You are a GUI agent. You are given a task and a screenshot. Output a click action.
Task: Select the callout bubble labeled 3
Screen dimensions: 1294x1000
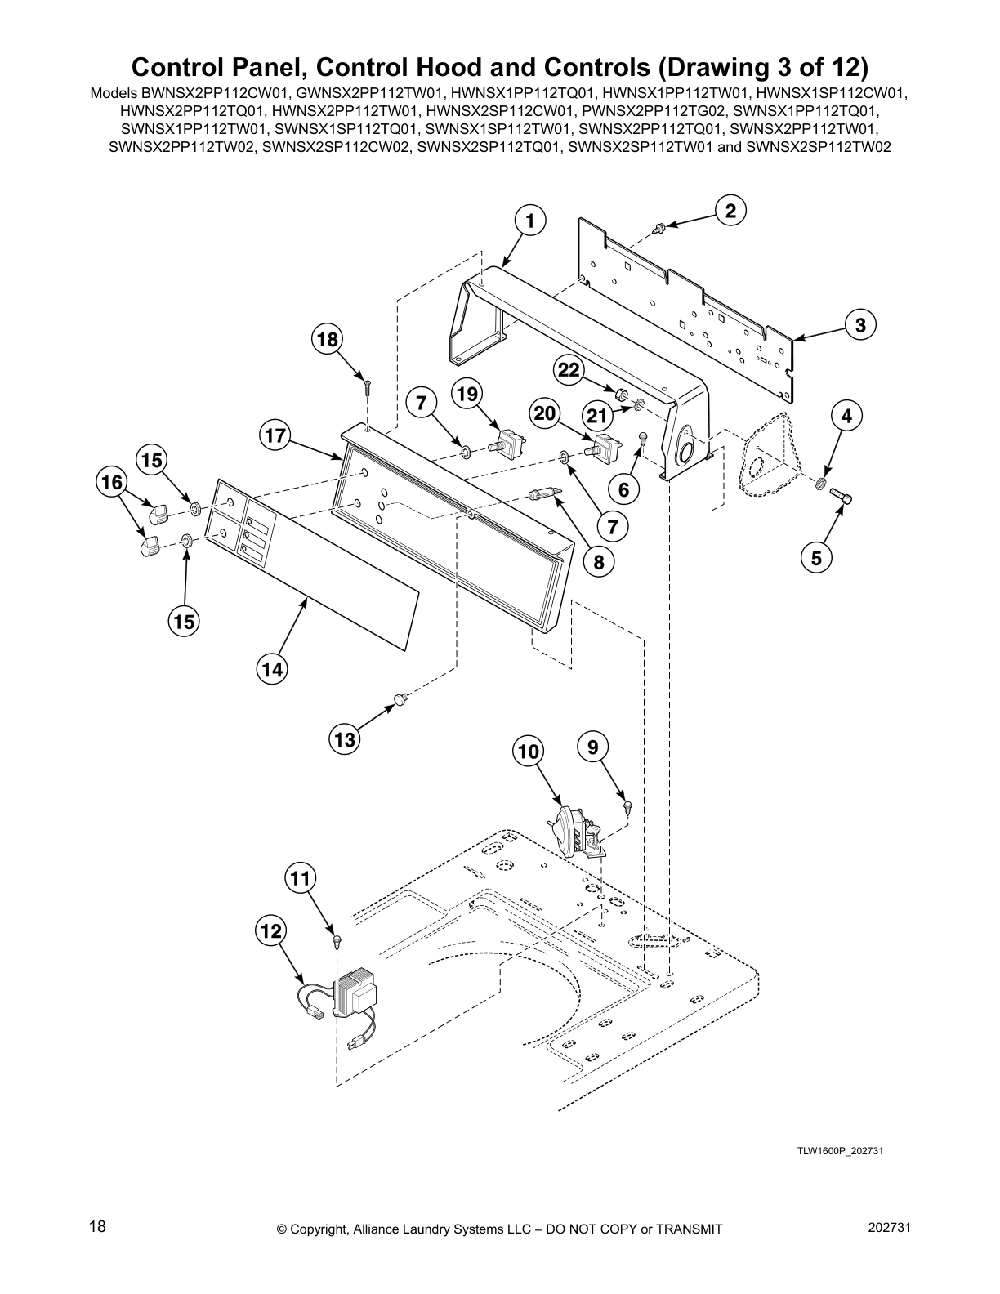pos(860,325)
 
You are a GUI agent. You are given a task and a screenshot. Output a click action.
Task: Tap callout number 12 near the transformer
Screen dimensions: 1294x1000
pos(271,930)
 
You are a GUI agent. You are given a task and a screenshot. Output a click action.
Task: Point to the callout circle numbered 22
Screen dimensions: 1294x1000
pos(569,371)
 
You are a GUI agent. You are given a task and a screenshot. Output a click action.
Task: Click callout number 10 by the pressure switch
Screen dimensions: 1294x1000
pos(529,751)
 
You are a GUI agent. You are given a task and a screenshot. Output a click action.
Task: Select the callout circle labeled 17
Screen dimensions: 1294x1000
pos(276,435)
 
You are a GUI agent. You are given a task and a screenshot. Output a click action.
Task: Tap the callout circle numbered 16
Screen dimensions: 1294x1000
pos(112,484)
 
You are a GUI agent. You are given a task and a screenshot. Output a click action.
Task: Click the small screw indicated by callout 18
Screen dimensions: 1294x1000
pos(368,387)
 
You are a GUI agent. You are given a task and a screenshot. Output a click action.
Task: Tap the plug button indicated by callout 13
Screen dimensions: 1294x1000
pos(400,698)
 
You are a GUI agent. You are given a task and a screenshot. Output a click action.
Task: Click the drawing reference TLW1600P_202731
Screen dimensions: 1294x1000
pos(841,1151)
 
